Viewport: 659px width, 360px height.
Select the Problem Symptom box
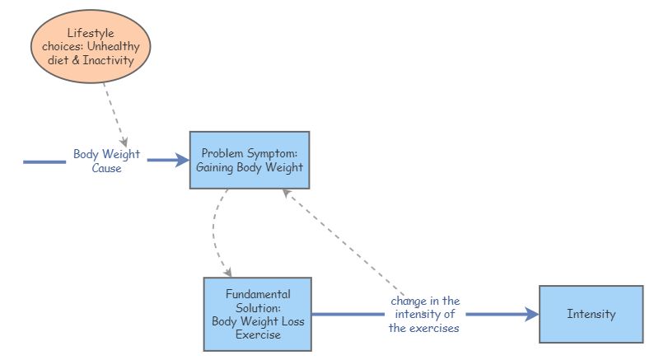coord(250,160)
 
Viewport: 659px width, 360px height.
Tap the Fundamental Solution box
coord(257,314)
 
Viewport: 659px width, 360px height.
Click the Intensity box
coord(591,314)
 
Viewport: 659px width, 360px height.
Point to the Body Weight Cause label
coord(106,161)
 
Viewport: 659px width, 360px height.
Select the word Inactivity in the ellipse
coord(109,60)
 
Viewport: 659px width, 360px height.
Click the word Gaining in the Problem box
coord(216,167)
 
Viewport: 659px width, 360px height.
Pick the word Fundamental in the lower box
coord(258,294)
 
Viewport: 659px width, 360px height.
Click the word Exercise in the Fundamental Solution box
coord(258,334)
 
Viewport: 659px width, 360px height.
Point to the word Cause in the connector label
coord(106,168)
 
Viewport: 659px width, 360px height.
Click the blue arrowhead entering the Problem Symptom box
coord(183,161)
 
